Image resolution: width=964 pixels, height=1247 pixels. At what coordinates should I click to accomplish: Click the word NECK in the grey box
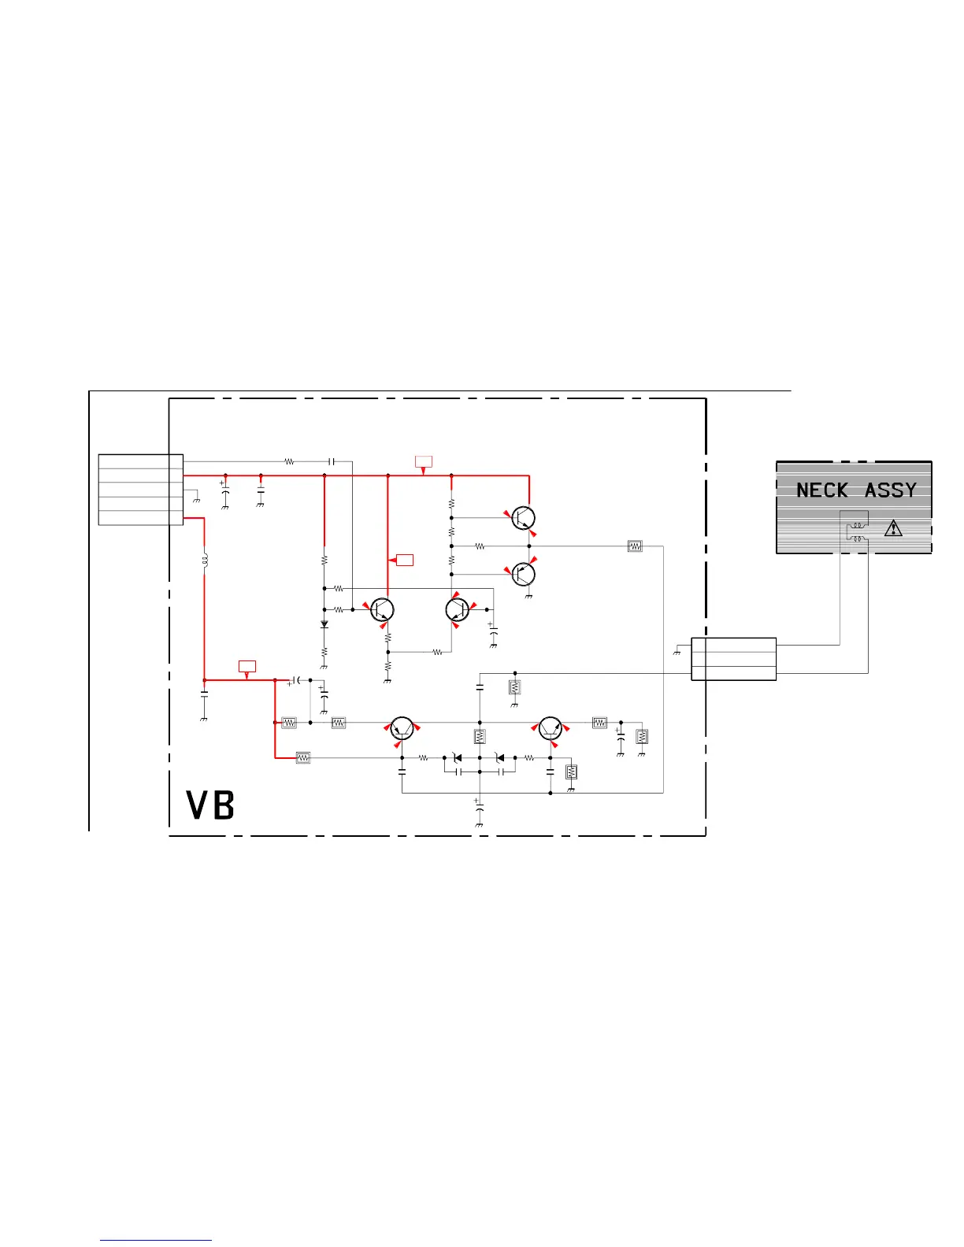(821, 490)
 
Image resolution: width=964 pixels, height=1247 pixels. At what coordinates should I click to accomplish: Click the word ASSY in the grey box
(891, 490)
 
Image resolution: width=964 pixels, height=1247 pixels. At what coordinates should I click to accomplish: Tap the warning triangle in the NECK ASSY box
(893, 528)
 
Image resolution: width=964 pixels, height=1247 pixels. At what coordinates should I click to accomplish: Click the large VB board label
(210, 805)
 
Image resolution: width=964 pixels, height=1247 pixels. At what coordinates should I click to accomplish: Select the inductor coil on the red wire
(205, 560)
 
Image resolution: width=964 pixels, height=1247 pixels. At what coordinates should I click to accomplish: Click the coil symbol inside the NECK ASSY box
(856, 531)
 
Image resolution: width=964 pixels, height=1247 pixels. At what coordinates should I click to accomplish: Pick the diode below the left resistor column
(324, 624)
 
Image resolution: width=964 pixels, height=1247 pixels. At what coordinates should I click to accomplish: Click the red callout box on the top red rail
(424, 461)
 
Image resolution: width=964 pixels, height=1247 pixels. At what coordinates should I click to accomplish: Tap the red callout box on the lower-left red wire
(247, 666)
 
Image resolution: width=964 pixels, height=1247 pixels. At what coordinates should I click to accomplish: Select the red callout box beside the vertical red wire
(405, 560)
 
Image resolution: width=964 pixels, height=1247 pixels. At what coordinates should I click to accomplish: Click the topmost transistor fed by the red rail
(524, 518)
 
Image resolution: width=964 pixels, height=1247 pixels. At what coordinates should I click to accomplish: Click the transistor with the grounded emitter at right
(524, 574)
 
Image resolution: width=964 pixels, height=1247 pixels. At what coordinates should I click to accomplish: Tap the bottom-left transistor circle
(402, 728)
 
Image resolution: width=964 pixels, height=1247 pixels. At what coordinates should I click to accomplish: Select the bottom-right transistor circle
(550, 728)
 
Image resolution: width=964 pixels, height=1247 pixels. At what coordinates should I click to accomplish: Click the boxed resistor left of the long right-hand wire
(635, 546)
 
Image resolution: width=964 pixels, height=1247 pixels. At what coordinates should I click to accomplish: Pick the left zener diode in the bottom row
(457, 758)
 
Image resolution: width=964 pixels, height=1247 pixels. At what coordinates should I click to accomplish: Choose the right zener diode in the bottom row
(499, 758)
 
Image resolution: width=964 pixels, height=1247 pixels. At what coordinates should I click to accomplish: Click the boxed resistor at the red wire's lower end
(303, 757)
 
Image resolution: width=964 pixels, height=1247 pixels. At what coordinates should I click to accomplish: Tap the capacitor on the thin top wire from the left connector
(332, 461)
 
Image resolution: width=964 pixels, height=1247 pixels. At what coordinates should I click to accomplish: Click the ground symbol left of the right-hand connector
(677, 651)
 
